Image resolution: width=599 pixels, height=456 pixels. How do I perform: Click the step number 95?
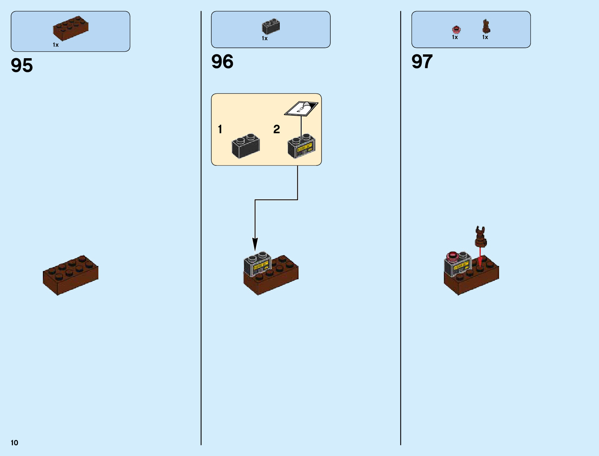pos(22,65)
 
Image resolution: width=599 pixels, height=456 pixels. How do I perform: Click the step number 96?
pos(222,62)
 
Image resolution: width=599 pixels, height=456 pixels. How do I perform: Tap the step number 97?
pos(422,62)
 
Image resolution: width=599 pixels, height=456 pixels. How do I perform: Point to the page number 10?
pos(15,443)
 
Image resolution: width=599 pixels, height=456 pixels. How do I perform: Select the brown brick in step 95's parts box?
pos(71,28)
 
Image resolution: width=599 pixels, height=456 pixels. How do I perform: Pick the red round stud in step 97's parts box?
pos(456,29)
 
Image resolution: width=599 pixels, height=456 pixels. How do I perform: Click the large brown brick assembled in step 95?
pos(70,275)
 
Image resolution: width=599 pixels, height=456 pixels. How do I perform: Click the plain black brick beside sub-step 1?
pos(246,146)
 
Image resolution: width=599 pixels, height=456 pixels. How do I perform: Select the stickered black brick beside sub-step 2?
pos(302,146)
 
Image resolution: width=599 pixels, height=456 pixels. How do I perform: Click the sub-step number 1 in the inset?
pos(220,129)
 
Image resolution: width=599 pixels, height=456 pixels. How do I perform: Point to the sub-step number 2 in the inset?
pos(276,129)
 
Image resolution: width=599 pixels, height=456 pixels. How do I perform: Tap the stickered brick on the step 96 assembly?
pos(258,264)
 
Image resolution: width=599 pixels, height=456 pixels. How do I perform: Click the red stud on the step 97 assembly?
pos(453,256)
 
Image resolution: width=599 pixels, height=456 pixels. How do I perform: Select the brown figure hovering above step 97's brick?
pos(480,236)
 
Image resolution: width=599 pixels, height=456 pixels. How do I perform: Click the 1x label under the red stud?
pos(455,37)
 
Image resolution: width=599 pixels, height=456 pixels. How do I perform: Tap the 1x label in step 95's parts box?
pos(56,45)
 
